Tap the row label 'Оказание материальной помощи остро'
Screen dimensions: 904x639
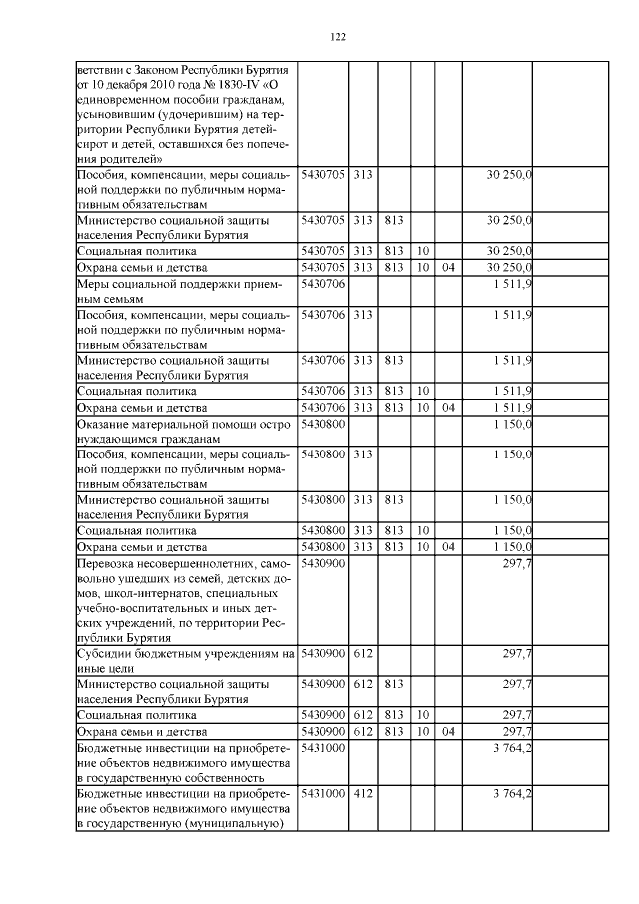[x=183, y=424]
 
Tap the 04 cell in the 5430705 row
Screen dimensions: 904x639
[x=448, y=268]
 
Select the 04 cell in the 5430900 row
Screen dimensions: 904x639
[x=448, y=732]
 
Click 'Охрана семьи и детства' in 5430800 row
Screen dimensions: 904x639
[x=141, y=547]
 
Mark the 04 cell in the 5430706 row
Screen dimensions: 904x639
[x=448, y=407]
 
